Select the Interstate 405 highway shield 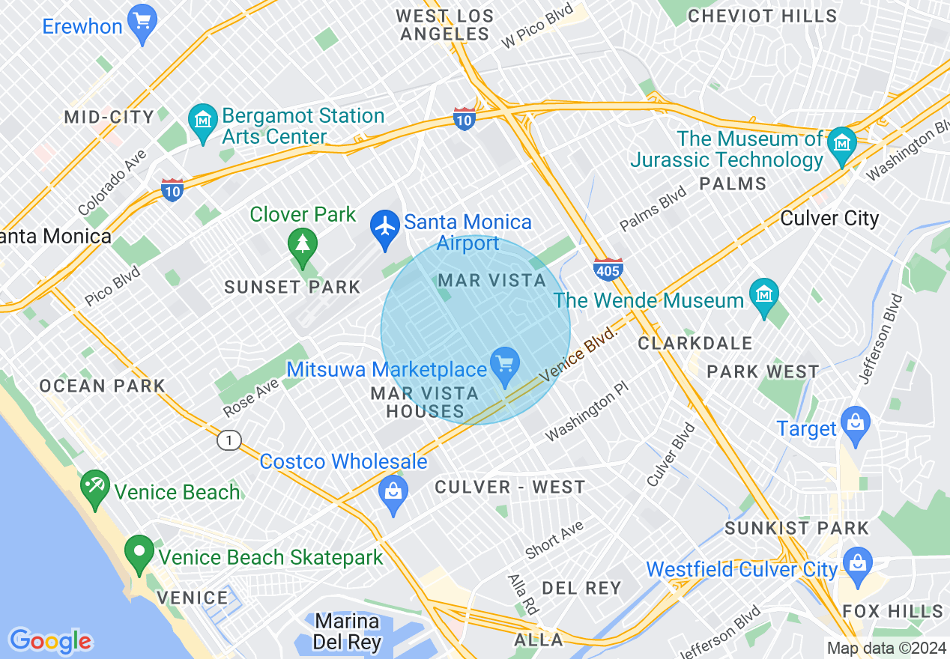607,269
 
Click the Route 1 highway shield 229,441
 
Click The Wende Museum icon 763,297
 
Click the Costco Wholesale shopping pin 393,494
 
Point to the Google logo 50,641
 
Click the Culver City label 829,219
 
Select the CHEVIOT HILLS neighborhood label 762,16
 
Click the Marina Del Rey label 347,631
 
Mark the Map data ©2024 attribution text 886,648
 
